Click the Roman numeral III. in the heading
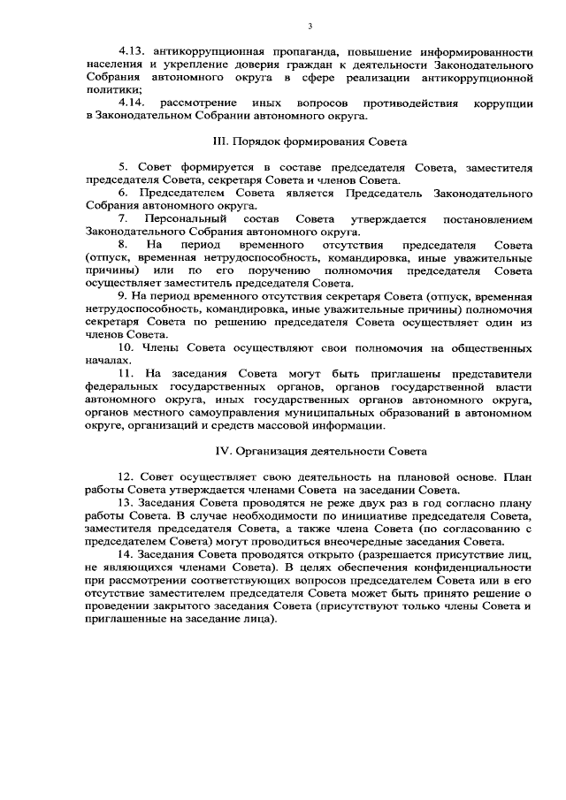coord(222,141)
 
